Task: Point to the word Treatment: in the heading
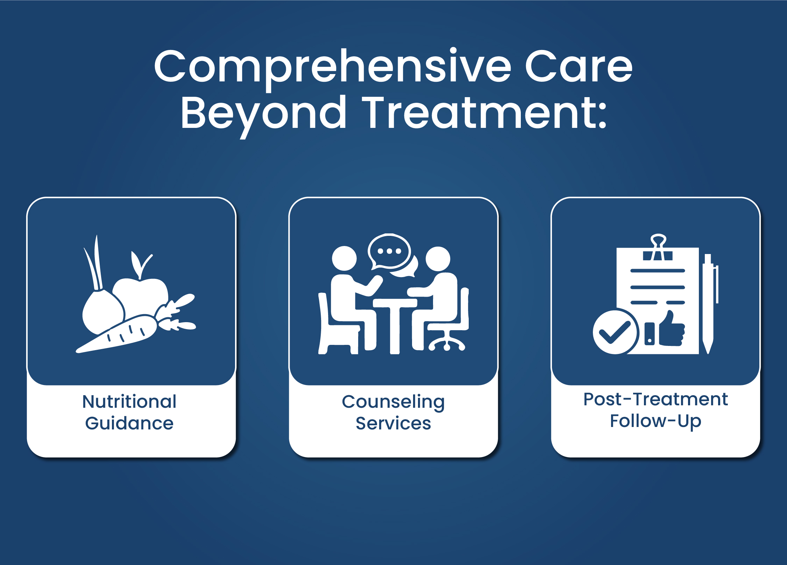(x=484, y=112)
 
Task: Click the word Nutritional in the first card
(x=129, y=401)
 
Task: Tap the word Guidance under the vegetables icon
(x=129, y=423)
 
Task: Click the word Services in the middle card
(x=393, y=423)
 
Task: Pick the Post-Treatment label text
(x=655, y=399)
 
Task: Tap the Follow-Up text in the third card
(x=655, y=421)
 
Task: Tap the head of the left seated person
(x=344, y=259)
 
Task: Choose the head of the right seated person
(x=438, y=259)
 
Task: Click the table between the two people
(x=395, y=321)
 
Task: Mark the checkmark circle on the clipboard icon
(x=616, y=332)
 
